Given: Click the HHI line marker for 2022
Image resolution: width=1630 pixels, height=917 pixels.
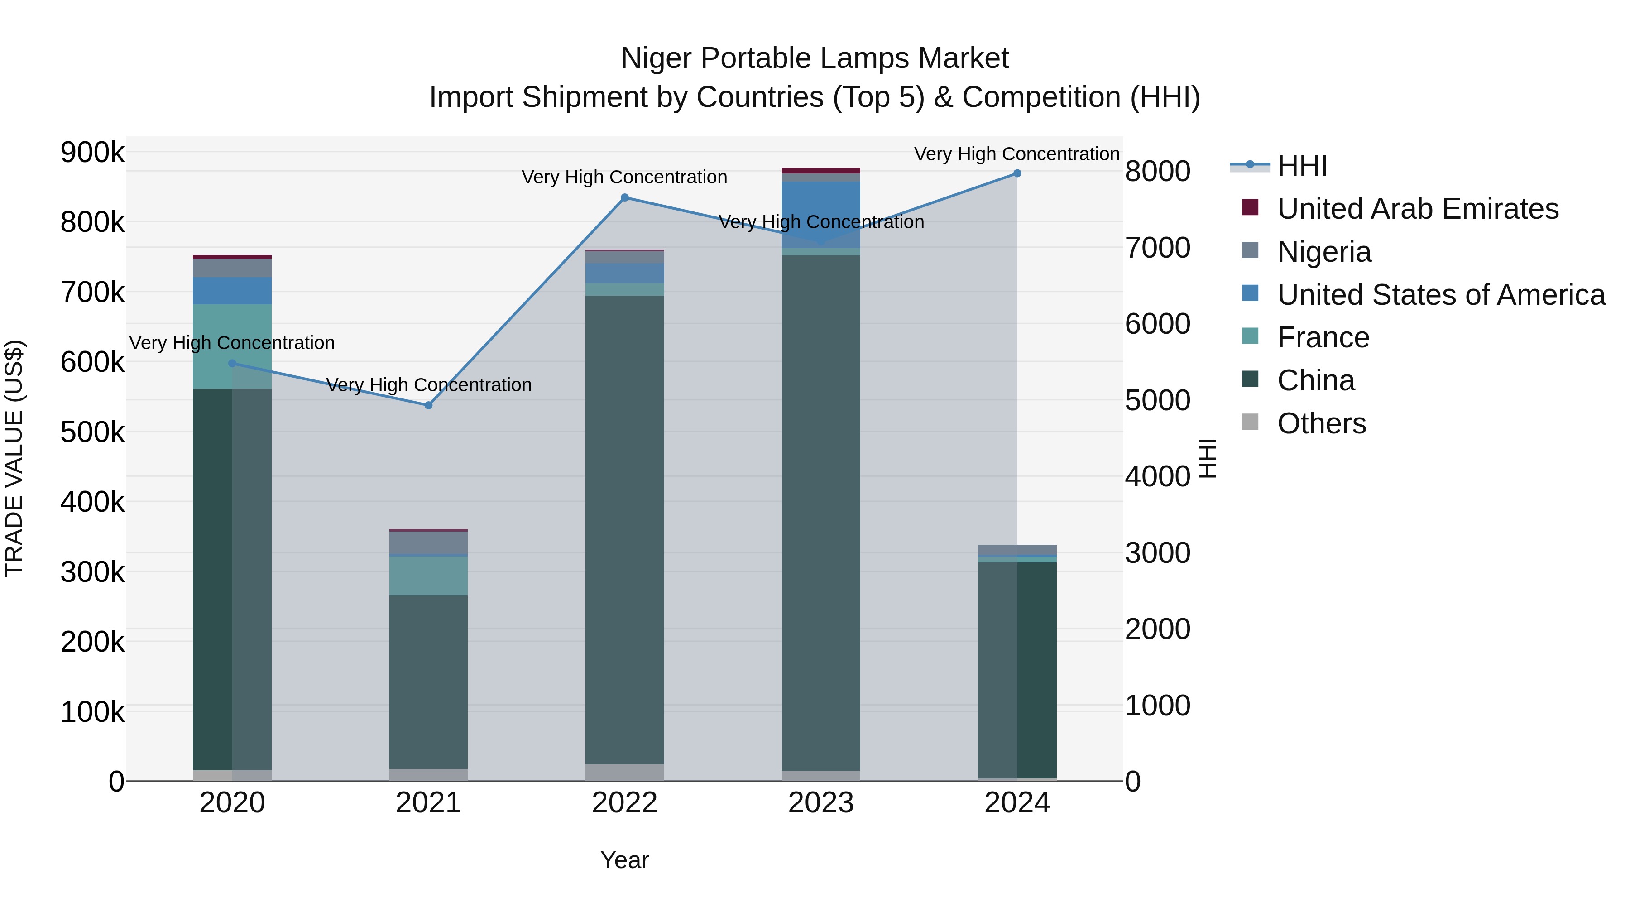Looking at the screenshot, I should coord(624,197).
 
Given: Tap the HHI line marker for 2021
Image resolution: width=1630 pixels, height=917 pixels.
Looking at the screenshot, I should coord(428,405).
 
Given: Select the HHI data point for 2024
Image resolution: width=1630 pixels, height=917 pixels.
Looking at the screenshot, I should coord(1017,173).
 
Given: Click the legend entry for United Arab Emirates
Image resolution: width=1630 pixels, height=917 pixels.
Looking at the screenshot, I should coord(1417,209).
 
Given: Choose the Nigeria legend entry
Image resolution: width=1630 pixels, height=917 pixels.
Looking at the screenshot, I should coord(1324,252).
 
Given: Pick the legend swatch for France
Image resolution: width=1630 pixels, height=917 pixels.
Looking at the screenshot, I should coord(1250,336).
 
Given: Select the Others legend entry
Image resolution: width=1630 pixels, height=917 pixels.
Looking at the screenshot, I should coord(1321,423).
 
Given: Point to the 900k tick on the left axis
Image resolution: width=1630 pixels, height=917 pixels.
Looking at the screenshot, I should coord(92,153).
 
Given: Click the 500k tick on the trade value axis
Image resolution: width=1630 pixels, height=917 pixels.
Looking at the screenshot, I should coord(92,432).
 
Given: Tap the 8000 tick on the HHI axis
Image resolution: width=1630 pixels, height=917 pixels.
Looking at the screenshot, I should coord(1157,172).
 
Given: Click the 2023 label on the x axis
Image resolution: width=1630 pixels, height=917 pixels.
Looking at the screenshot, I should coord(821,803).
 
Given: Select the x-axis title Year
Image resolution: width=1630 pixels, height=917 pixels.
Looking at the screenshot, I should coord(624,860).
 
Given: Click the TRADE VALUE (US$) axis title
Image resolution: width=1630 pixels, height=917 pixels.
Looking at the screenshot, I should coord(14,458).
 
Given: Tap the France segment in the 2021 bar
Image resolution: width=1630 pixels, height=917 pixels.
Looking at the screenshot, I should coord(428,576).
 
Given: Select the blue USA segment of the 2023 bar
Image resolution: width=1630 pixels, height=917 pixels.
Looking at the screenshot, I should coord(821,213).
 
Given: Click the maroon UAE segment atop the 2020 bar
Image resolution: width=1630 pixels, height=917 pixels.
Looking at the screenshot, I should coord(232,257).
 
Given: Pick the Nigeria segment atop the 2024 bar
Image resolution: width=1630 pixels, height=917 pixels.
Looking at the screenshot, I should coord(1017,549).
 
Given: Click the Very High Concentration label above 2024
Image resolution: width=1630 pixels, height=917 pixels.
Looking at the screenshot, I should coord(1017,154).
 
